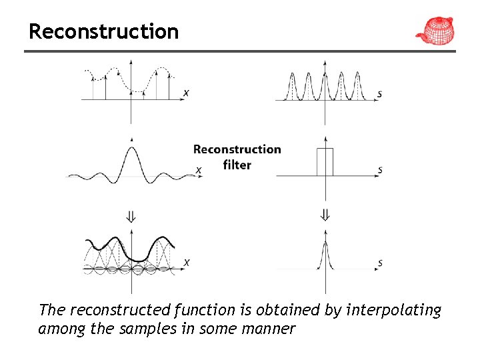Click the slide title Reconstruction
tap(103, 31)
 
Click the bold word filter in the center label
tap(237, 165)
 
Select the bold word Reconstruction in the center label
tap(237, 149)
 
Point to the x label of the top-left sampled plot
tap(185, 92)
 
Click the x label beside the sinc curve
tap(198, 170)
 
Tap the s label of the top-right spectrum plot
tap(379, 94)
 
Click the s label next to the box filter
tap(380, 170)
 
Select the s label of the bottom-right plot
tap(380, 263)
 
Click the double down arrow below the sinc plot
tap(131, 215)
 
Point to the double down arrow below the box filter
tap(325, 215)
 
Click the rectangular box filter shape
tap(325, 162)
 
